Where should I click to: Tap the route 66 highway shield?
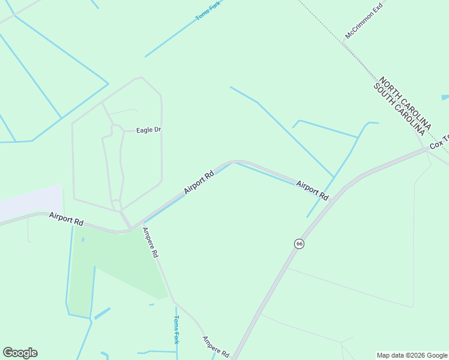click(300, 244)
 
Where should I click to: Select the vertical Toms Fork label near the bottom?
click(176, 329)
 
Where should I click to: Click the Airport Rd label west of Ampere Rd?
click(66, 218)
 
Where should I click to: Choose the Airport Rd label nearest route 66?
click(312, 190)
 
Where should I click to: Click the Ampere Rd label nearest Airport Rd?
click(150, 242)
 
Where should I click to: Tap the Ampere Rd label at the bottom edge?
click(215, 347)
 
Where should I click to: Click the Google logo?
click(20, 353)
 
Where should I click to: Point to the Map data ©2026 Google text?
click(412, 355)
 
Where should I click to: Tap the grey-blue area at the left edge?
click(30, 201)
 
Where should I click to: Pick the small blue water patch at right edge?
click(445, 97)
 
